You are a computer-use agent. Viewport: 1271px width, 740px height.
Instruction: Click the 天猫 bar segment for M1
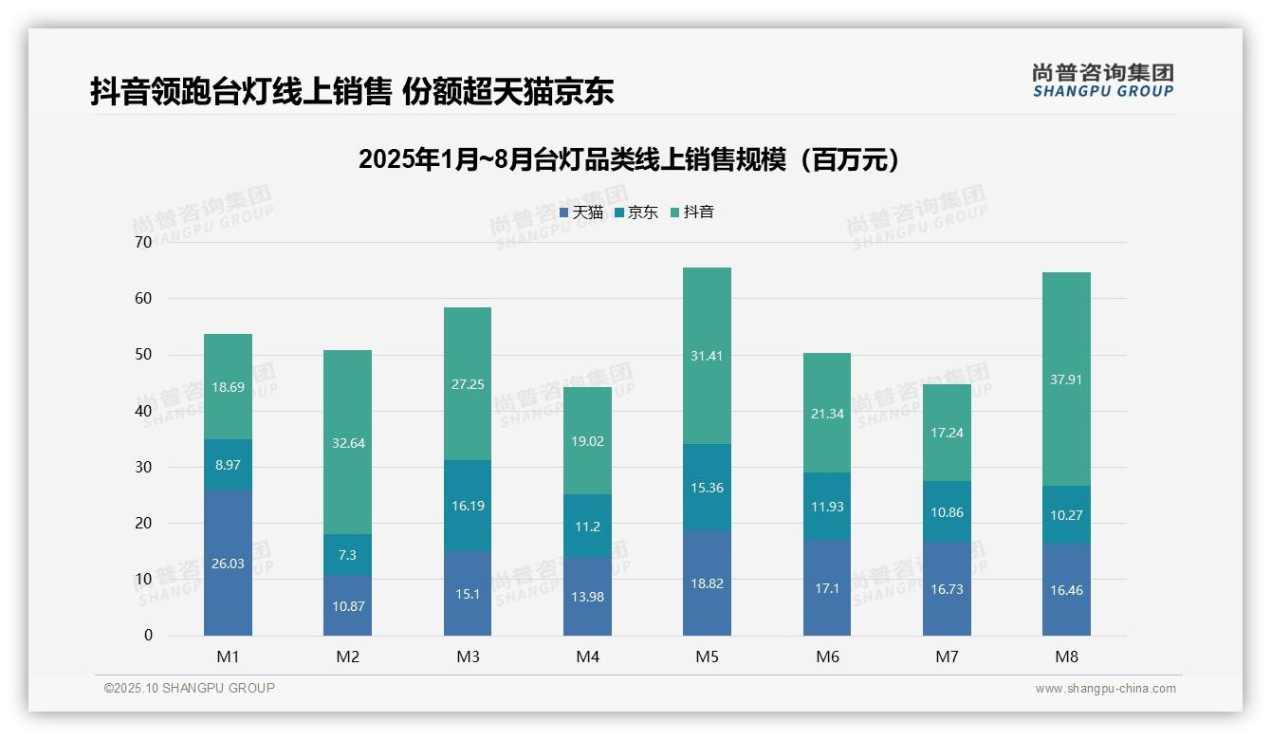click(228, 562)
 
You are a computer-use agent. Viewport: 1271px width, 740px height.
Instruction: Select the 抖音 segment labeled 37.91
click(1066, 379)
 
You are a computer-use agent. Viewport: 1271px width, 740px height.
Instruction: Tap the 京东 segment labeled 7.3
click(347, 554)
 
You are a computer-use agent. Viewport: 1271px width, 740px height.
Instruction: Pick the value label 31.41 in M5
click(707, 356)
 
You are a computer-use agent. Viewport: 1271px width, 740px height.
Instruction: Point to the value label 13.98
click(587, 596)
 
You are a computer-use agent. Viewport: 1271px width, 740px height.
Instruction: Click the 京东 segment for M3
click(468, 506)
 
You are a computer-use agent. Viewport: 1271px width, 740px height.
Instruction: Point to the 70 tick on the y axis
click(142, 242)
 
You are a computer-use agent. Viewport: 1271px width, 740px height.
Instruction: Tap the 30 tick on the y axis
click(142, 467)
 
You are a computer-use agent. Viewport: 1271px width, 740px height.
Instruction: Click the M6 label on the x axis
click(827, 657)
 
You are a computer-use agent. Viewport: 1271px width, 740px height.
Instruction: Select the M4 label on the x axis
click(587, 657)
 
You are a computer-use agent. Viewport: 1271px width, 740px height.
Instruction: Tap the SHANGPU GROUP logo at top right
click(1102, 80)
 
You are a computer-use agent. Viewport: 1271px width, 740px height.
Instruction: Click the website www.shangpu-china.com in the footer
click(1105, 689)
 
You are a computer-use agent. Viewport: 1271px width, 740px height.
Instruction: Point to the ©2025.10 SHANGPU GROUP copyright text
click(189, 688)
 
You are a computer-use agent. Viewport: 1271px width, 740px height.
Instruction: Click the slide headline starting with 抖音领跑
click(352, 91)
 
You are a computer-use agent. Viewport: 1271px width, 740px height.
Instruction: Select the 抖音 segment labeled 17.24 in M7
click(947, 433)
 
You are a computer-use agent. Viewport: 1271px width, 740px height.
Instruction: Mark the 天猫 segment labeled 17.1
click(827, 588)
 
